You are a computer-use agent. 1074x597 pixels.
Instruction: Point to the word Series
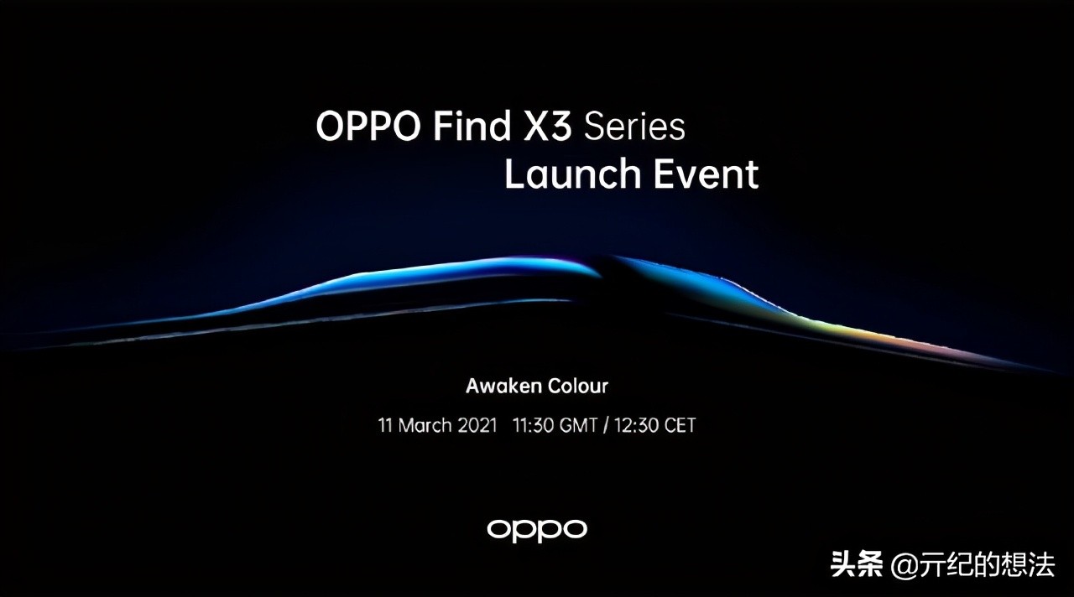tap(635, 126)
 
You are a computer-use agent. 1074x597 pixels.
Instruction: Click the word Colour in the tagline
tap(578, 387)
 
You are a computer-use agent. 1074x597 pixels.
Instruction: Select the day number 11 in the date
tap(386, 425)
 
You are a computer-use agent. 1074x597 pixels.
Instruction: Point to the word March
tap(426, 425)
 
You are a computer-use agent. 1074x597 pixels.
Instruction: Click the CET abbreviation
tap(680, 425)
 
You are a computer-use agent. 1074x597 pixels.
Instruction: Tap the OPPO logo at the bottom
tap(537, 529)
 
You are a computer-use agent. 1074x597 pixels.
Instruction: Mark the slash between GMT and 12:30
tap(605, 425)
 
